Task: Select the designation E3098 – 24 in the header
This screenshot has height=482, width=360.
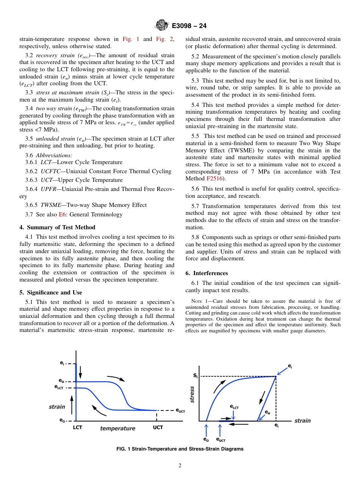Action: point(189,26)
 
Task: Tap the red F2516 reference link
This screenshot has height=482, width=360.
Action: point(214,178)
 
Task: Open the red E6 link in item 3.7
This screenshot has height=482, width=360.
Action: point(63,214)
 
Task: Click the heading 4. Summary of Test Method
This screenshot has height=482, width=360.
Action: point(57,227)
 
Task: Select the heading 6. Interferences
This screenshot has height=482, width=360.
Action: point(207,273)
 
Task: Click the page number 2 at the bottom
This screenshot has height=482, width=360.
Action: point(180,466)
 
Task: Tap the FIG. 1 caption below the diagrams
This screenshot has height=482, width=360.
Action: point(180,449)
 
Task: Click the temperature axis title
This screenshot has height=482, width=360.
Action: point(117,428)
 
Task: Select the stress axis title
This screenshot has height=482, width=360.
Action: point(192,394)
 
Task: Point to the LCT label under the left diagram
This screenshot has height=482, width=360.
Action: point(77,427)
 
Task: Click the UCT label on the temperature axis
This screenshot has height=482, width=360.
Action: point(158,427)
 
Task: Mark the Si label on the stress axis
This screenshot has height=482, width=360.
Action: point(195,376)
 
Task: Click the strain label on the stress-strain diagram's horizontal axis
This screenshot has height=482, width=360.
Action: point(302,421)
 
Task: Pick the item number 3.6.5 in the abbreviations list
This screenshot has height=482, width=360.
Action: point(33,205)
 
